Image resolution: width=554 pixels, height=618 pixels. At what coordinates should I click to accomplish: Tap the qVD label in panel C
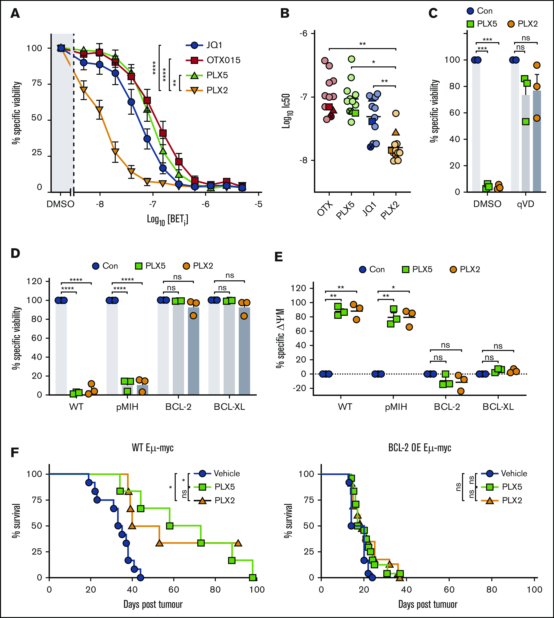tap(525, 204)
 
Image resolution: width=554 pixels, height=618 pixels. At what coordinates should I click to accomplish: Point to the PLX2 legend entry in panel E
tap(470, 269)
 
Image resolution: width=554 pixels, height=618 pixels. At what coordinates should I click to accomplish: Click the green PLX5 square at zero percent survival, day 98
tap(253, 577)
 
